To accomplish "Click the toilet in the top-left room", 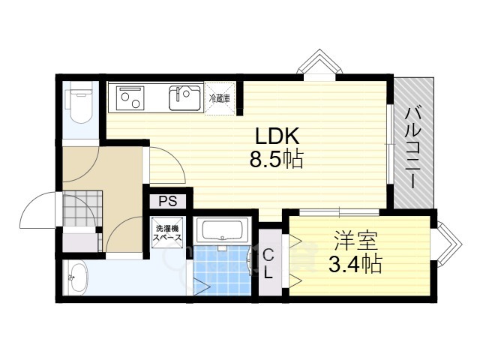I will click(78, 104).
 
